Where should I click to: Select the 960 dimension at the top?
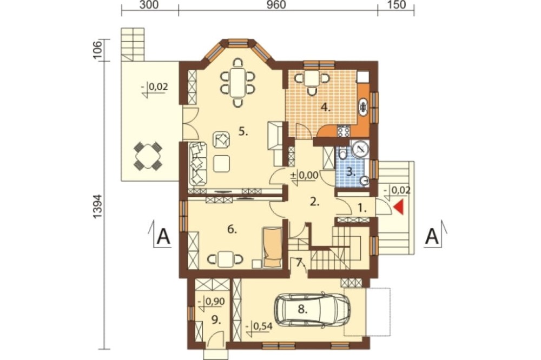tap(276, 5)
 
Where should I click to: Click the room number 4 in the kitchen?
tap(325, 107)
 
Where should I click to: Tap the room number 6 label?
tap(232, 229)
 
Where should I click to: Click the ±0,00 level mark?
tap(304, 175)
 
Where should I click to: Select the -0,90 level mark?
tap(212, 302)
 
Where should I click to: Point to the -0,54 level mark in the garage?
tap(260, 326)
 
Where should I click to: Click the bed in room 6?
tap(272, 247)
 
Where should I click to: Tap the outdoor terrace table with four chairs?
tap(148, 156)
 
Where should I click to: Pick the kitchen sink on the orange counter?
tap(364, 106)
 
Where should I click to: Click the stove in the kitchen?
tap(344, 131)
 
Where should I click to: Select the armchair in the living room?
tap(221, 139)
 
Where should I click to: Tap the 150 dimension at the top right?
tap(397, 5)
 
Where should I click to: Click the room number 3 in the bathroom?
tap(351, 172)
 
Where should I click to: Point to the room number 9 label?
tap(216, 321)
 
